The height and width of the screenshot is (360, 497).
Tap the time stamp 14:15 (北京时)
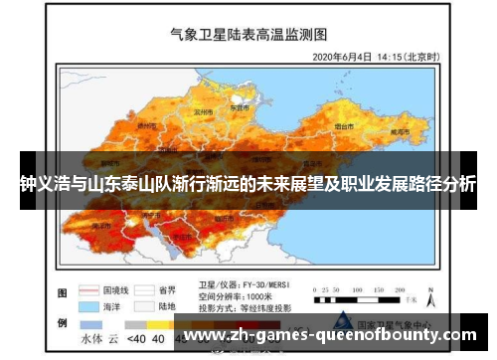[x=411, y=56]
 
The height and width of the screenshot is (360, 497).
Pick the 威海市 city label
[x=401, y=130]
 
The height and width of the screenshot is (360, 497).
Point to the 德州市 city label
[x=145, y=126]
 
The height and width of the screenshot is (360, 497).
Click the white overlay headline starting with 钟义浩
[x=248, y=184]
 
